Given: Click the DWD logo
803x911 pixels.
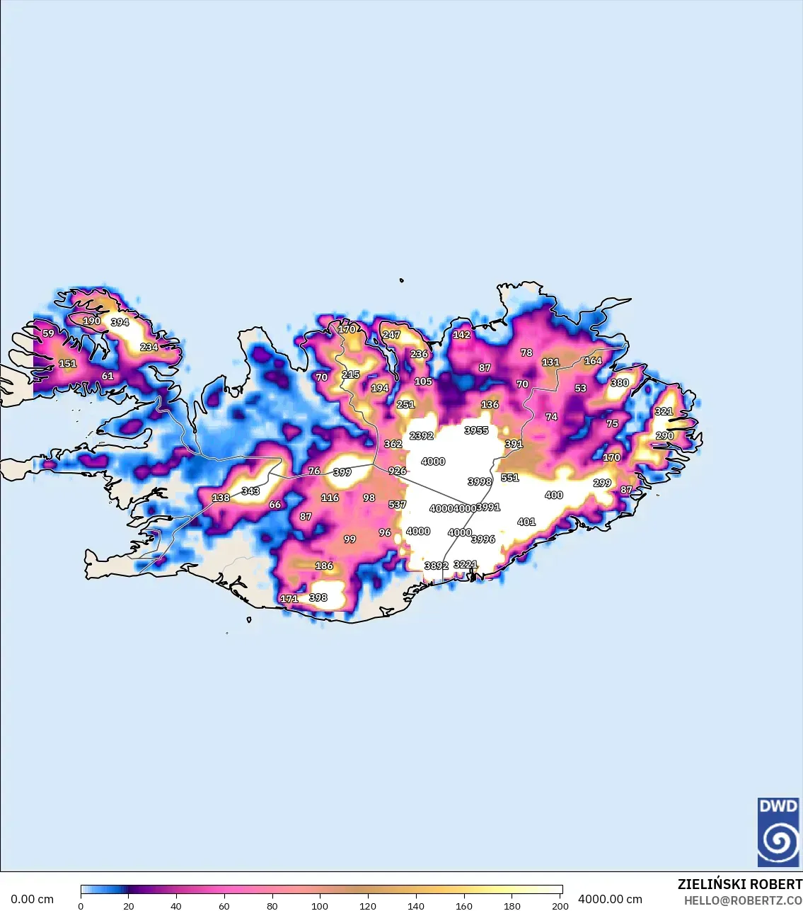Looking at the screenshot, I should [778, 832].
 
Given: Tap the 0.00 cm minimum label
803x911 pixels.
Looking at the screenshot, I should [32, 899].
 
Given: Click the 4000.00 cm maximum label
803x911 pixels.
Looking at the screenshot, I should [610, 899].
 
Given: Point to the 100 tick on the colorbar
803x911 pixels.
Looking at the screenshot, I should [320, 905].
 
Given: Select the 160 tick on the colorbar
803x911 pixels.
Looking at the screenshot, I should [464, 905].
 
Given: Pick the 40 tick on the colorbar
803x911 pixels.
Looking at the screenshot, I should [176, 905].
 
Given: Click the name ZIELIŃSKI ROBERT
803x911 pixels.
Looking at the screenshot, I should [739, 884].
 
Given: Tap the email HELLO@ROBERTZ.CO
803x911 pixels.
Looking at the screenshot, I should [743, 900].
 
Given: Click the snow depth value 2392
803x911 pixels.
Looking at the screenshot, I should [422, 435].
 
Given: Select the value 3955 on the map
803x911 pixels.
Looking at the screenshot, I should [476, 430].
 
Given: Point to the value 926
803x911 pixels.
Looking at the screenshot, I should [398, 471].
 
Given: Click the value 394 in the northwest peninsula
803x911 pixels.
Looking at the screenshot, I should [120, 322].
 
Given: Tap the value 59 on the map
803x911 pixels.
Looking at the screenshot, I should [48, 333].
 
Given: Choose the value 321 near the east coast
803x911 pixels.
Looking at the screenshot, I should [664, 411].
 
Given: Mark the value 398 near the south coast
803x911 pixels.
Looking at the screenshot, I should [318, 597].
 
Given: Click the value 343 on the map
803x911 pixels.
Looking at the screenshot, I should [250, 491].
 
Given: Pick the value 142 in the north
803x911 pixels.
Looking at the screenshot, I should [461, 335].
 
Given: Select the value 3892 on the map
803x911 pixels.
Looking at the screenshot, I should [436, 566].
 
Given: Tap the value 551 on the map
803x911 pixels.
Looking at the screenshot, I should [510, 478].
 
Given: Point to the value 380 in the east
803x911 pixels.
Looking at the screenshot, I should [620, 383].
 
